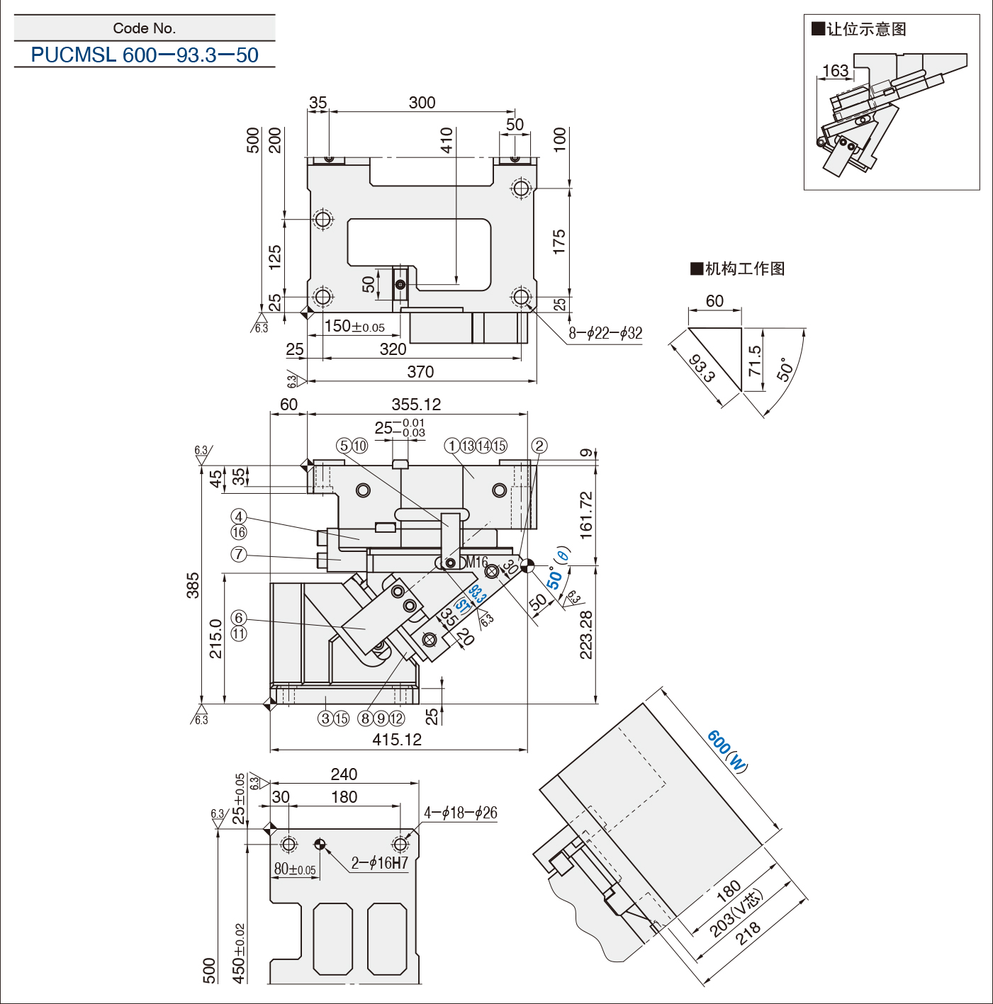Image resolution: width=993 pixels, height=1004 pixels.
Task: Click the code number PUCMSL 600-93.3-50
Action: click(145, 55)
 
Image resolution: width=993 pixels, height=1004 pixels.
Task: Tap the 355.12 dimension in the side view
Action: click(416, 405)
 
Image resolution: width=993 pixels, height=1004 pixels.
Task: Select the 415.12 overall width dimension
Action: click(397, 739)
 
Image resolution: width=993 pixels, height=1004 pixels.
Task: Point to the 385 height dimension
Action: click(193, 585)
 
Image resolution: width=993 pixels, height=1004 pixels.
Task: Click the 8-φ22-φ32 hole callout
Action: click(605, 333)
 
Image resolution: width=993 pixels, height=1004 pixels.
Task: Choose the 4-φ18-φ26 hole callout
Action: click(460, 812)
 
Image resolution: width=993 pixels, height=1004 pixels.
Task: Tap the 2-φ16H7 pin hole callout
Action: click(379, 863)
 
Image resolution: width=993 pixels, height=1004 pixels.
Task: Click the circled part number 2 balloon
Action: click(539, 446)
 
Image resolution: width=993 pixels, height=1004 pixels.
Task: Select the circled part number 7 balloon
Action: click(239, 554)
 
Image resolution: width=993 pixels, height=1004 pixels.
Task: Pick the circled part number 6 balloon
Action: click(239, 618)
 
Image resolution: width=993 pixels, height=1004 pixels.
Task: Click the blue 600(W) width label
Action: click(727, 751)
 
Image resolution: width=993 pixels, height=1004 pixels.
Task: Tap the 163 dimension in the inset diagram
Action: click(835, 70)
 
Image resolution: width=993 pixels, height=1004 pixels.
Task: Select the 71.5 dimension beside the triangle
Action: click(754, 361)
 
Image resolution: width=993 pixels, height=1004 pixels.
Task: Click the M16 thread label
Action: click(476, 562)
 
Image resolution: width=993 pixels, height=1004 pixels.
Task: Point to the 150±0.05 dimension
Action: click(354, 326)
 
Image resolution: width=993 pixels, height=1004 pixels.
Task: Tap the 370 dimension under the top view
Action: click(420, 371)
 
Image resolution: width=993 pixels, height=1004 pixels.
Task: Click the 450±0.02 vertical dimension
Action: click(239, 954)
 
